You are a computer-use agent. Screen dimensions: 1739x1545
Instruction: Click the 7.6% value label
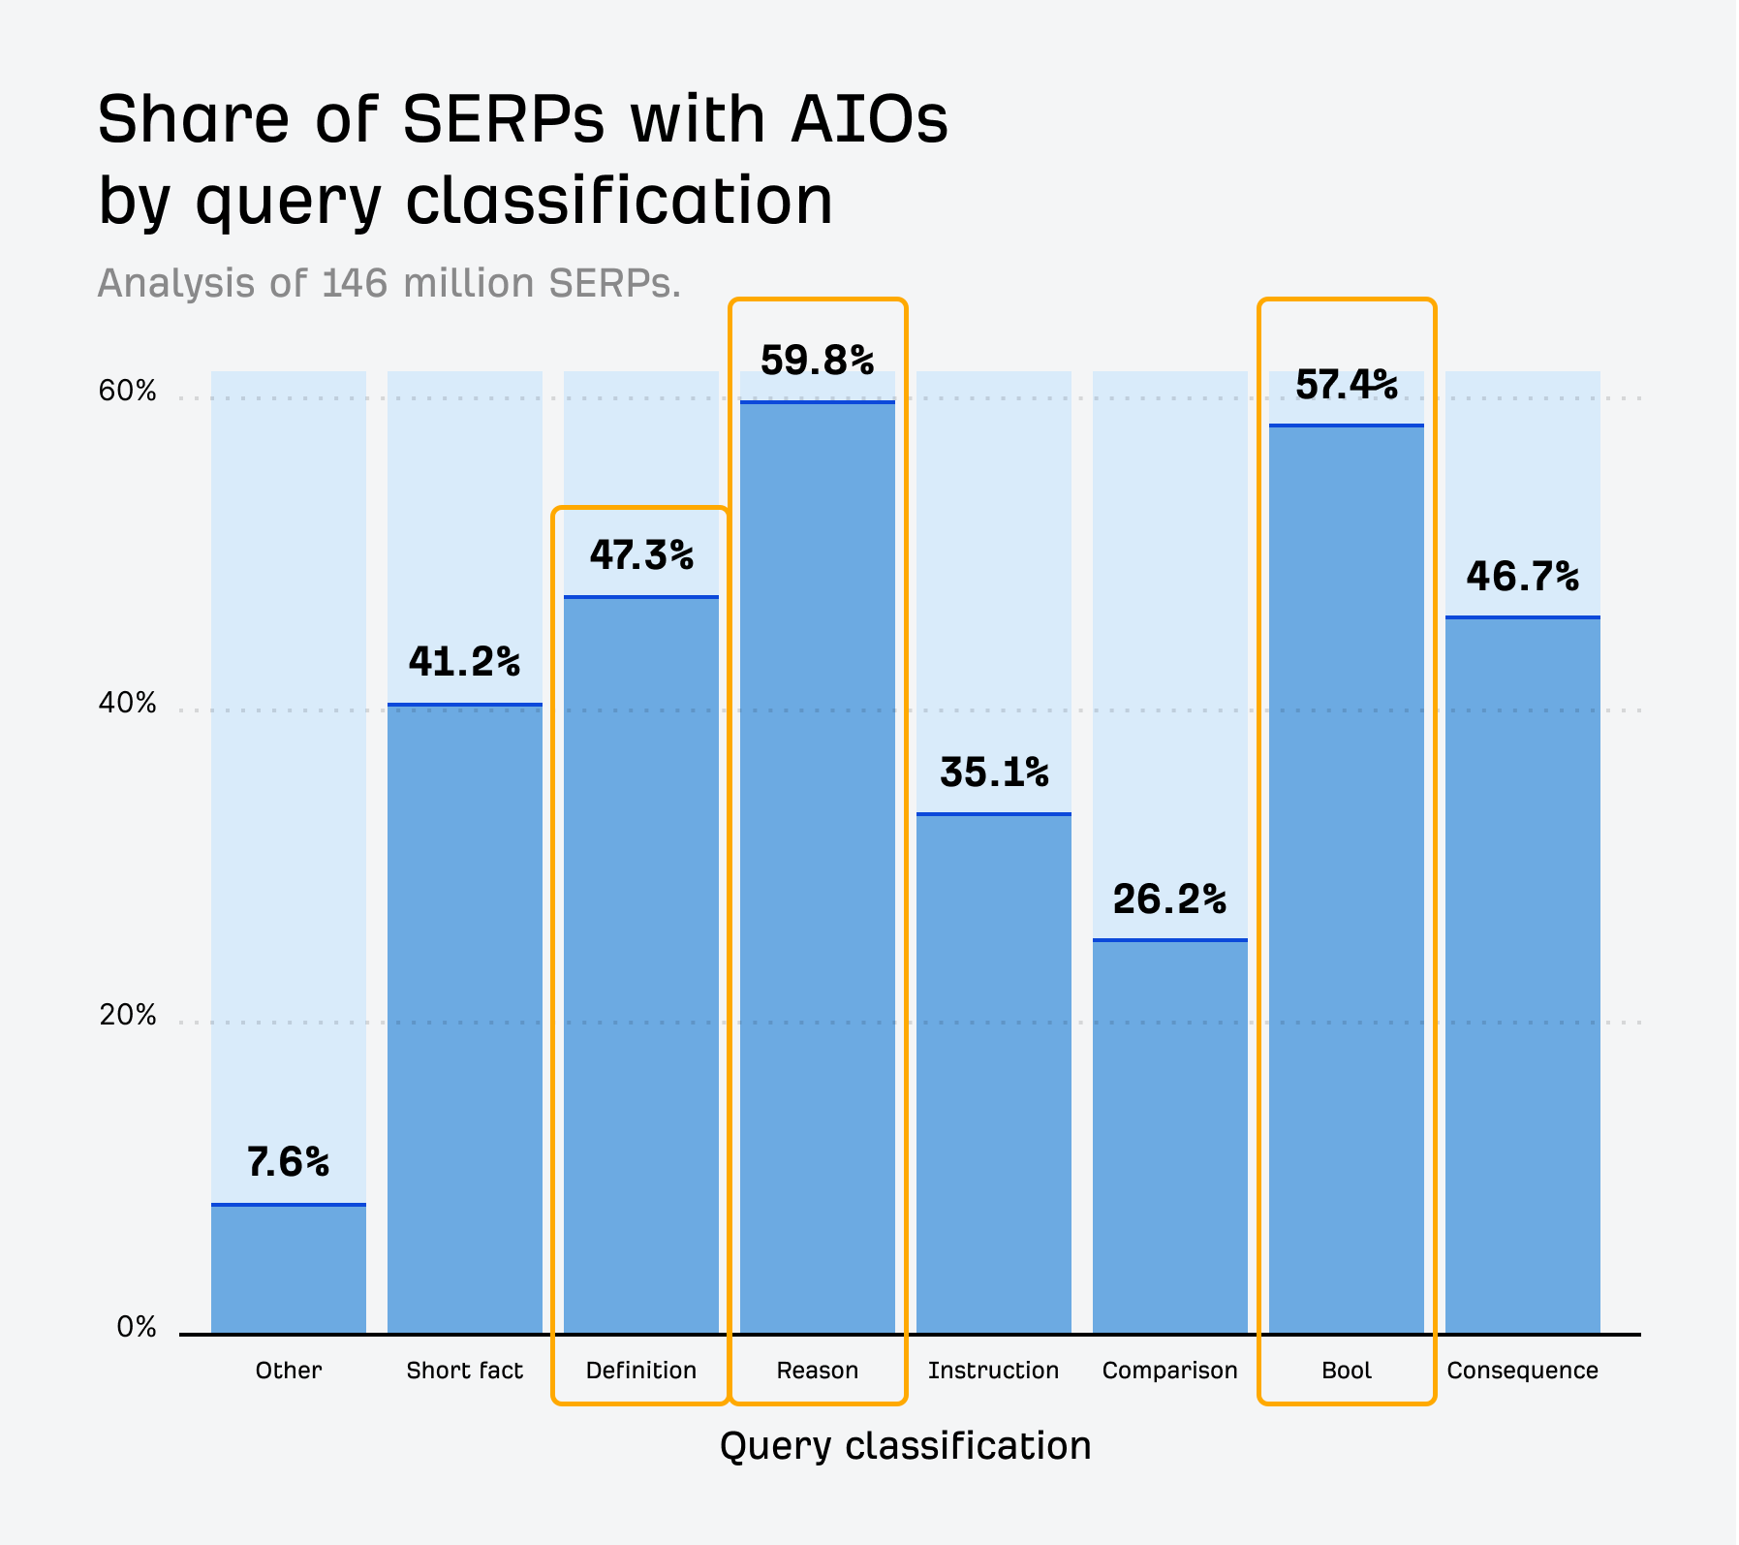coord(288,1161)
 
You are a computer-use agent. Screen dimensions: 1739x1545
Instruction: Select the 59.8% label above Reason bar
coord(817,361)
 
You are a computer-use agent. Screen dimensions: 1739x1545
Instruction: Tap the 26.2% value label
coord(1169,899)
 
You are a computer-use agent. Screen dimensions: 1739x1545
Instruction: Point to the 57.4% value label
coord(1347,385)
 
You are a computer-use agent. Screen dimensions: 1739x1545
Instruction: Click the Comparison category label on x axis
coord(1169,1370)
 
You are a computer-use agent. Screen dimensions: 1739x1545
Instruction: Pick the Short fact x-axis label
coord(464,1370)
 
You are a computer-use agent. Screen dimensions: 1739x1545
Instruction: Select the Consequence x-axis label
coord(1522,1370)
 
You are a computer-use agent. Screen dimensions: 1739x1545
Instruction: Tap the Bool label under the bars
coord(1347,1370)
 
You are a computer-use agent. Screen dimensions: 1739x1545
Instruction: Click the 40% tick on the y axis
coord(127,703)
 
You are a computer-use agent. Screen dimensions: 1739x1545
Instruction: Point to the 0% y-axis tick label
coord(137,1327)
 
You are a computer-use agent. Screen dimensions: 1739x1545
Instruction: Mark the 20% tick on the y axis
coord(127,1015)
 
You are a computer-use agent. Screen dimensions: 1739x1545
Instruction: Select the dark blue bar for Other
coord(288,1270)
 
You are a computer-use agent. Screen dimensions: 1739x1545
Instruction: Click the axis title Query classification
coord(905,1445)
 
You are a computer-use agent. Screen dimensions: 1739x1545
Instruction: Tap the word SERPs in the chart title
coord(503,119)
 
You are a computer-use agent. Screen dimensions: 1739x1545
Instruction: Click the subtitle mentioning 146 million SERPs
coord(389,283)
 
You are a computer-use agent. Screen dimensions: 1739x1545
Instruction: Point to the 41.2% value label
coord(464,662)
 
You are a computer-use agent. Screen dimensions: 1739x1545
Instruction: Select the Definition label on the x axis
coord(640,1370)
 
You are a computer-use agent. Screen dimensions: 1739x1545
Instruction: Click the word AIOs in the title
coord(869,119)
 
